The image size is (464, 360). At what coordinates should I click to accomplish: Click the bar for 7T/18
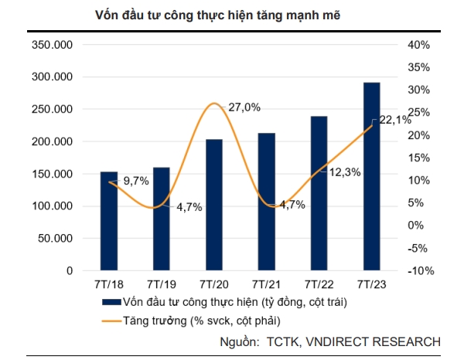(x=109, y=221)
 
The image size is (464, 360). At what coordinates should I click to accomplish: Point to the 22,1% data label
(x=394, y=120)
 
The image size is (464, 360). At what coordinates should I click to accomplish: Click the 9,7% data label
(x=135, y=181)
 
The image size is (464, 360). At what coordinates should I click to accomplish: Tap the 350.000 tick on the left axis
(x=53, y=45)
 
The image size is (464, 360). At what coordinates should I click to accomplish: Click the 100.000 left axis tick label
(x=53, y=206)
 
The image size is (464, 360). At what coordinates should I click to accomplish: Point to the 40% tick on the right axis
(x=418, y=45)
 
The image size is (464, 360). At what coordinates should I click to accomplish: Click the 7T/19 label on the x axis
(x=162, y=284)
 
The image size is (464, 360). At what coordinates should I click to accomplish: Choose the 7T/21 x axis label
(x=267, y=284)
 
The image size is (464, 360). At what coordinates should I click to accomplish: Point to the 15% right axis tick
(x=418, y=158)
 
